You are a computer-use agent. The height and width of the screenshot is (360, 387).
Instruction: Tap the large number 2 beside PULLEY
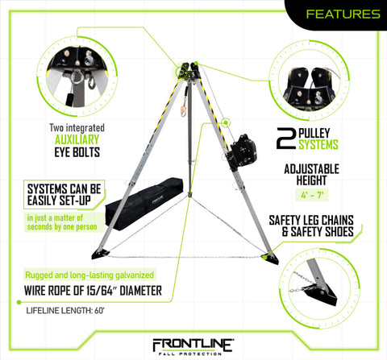point(285,138)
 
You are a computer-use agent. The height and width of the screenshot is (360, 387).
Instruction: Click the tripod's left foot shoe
point(104,255)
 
